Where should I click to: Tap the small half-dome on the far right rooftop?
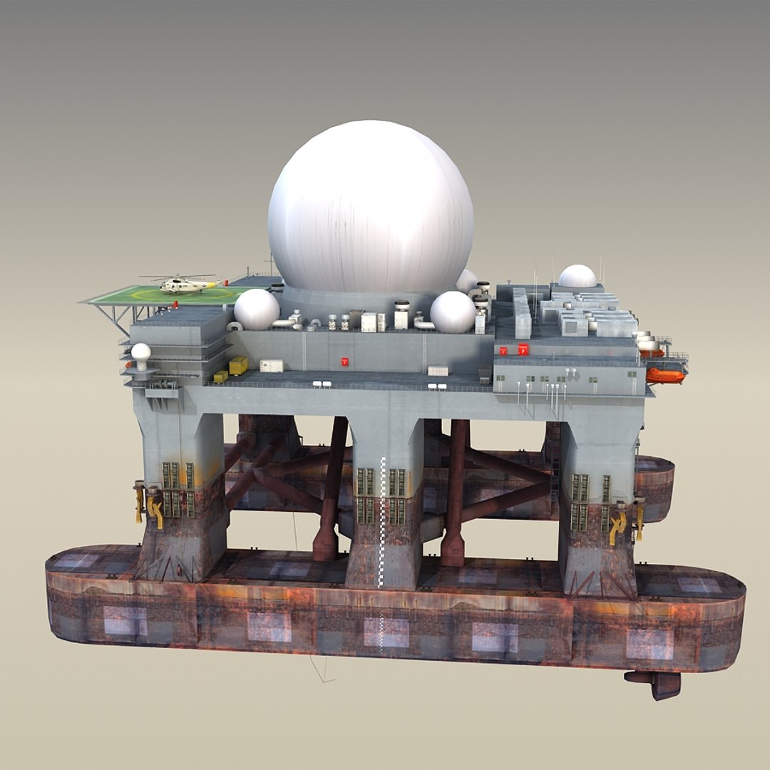pos(577,277)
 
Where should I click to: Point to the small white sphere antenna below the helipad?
pos(141,352)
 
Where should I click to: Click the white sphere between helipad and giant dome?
pos(257,309)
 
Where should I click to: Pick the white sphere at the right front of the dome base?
pos(453,312)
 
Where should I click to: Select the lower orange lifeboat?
pos(664,375)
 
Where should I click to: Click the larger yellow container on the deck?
pos(238,366)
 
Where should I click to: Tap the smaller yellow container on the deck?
pos(220,376)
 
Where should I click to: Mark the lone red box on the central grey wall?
pos(345,361)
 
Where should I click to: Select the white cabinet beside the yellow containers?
pos(271,366)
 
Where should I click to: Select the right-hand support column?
pos(597,499)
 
